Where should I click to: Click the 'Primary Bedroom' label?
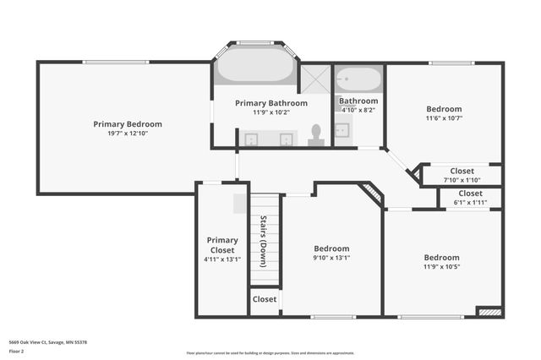(x=127, y=124)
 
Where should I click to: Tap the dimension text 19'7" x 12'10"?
(x=127, y=134)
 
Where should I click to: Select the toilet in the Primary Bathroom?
(x=316, y=134)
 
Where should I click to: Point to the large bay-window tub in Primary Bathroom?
(x=254, y=68)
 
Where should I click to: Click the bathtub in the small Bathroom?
(x=358, y=81)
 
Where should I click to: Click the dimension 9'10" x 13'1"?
(x=331, y=259)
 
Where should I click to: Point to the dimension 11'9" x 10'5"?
(x=442, y=268)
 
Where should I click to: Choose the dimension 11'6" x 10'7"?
(x=444, y=118)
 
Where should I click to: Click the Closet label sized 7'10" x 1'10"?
(x=462, y=171)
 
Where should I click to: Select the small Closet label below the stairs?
(x=265, y=299)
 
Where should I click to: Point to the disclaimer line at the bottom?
(x=270, y=353)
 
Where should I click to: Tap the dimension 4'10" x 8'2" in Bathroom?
(x=358, y=109)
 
